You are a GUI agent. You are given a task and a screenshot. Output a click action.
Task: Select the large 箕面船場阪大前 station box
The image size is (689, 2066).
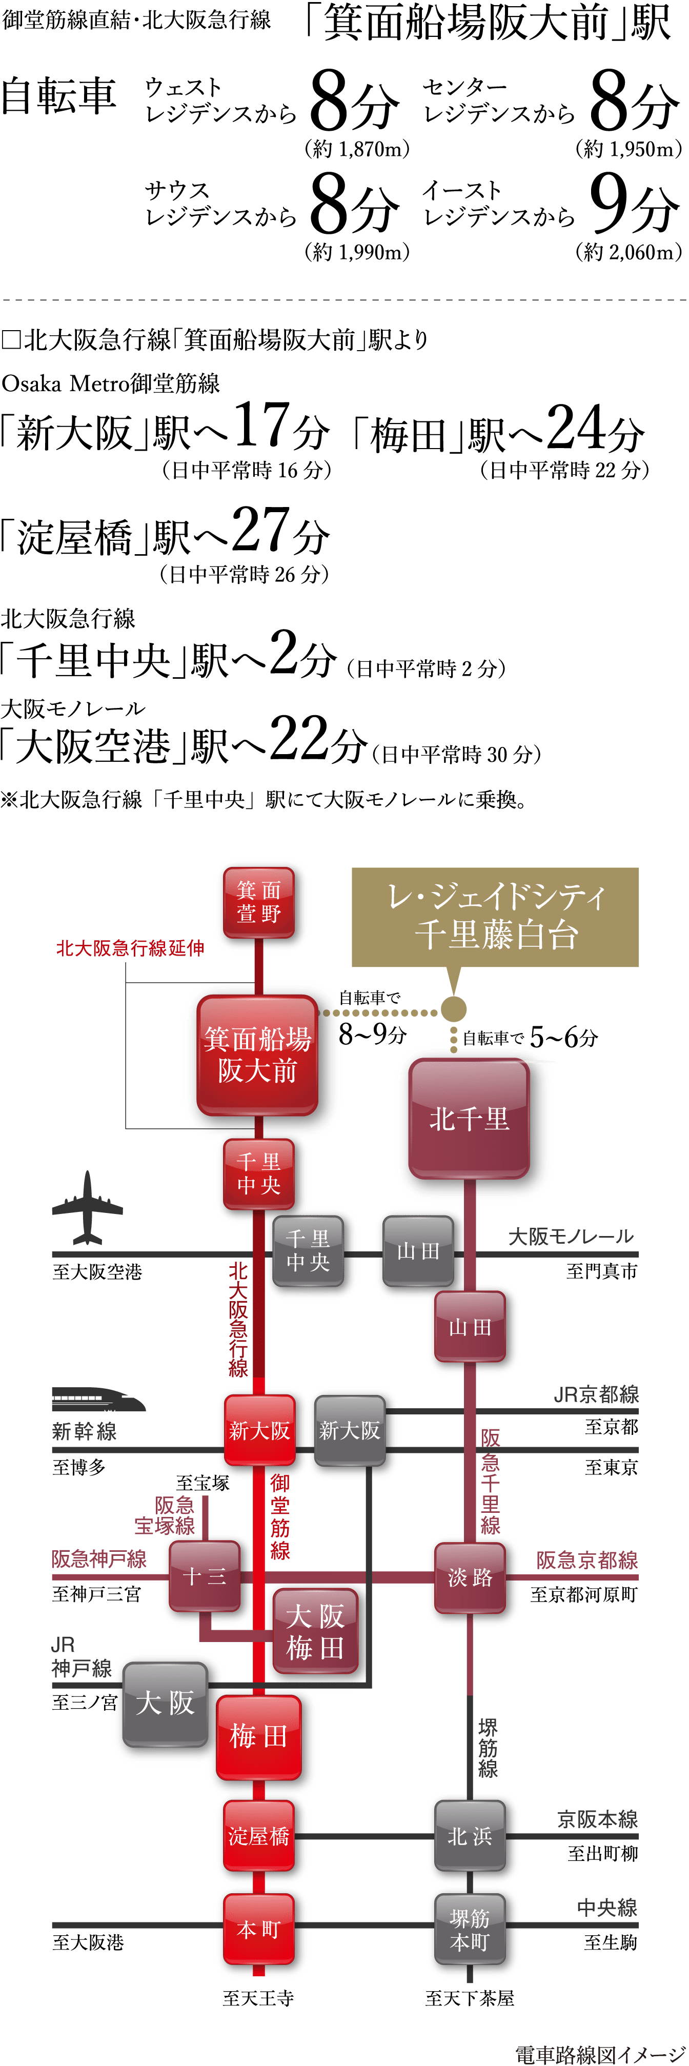coord(257,1055)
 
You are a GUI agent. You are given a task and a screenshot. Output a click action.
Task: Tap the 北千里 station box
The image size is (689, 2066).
coord(469,1118)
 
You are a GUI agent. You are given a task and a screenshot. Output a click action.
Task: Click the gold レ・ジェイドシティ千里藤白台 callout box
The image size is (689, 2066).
coord(495,916)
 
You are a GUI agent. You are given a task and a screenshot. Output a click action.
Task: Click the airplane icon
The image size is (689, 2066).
coord(88,1207)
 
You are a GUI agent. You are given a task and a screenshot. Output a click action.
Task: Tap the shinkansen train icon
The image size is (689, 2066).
coord(96,1400)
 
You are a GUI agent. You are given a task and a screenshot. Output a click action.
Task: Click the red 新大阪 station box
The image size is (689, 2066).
coord(259,1430)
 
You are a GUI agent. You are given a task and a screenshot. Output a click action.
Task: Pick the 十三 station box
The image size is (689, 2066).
coord(205,1576)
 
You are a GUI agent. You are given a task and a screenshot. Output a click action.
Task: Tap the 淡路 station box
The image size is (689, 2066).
coord(470,1577)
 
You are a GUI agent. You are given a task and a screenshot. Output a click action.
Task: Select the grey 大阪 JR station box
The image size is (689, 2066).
coord(165,1703)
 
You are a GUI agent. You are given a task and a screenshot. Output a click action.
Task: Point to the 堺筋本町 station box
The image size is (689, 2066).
coord(470,1929)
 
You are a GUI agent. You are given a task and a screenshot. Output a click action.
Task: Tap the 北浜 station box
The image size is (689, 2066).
coord(470,1836)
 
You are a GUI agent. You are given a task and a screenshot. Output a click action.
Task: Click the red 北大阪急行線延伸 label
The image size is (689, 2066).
coord(130,948)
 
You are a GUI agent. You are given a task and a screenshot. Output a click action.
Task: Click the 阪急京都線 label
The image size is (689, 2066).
coord(586,1560)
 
